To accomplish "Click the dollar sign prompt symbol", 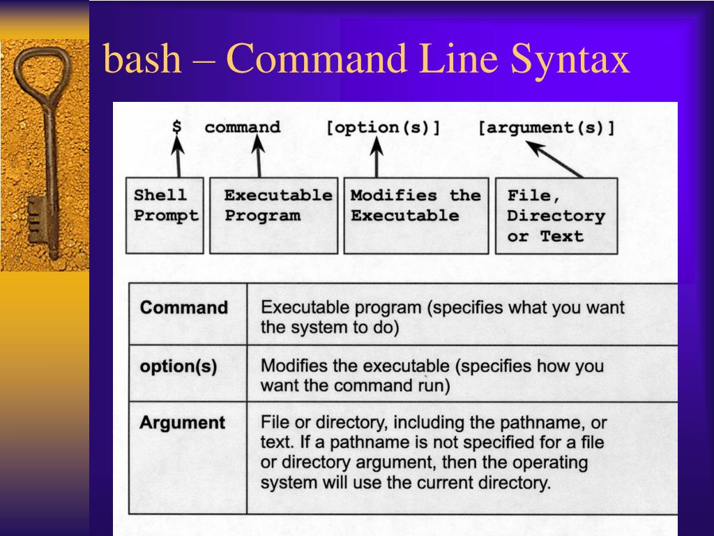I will coord(177,128).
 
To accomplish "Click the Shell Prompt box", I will coord(165,215).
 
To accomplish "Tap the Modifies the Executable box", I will coord(416,215).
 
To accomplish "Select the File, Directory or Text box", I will coord(556,215).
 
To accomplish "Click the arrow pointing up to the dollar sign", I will coord(178,156).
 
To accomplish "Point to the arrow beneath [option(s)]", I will coord(377,156).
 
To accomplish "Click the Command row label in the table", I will coord(184,308).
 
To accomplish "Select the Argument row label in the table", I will coord(182,423).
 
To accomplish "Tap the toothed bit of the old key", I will coord(35,220).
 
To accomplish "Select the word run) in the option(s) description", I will coord(432,386).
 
